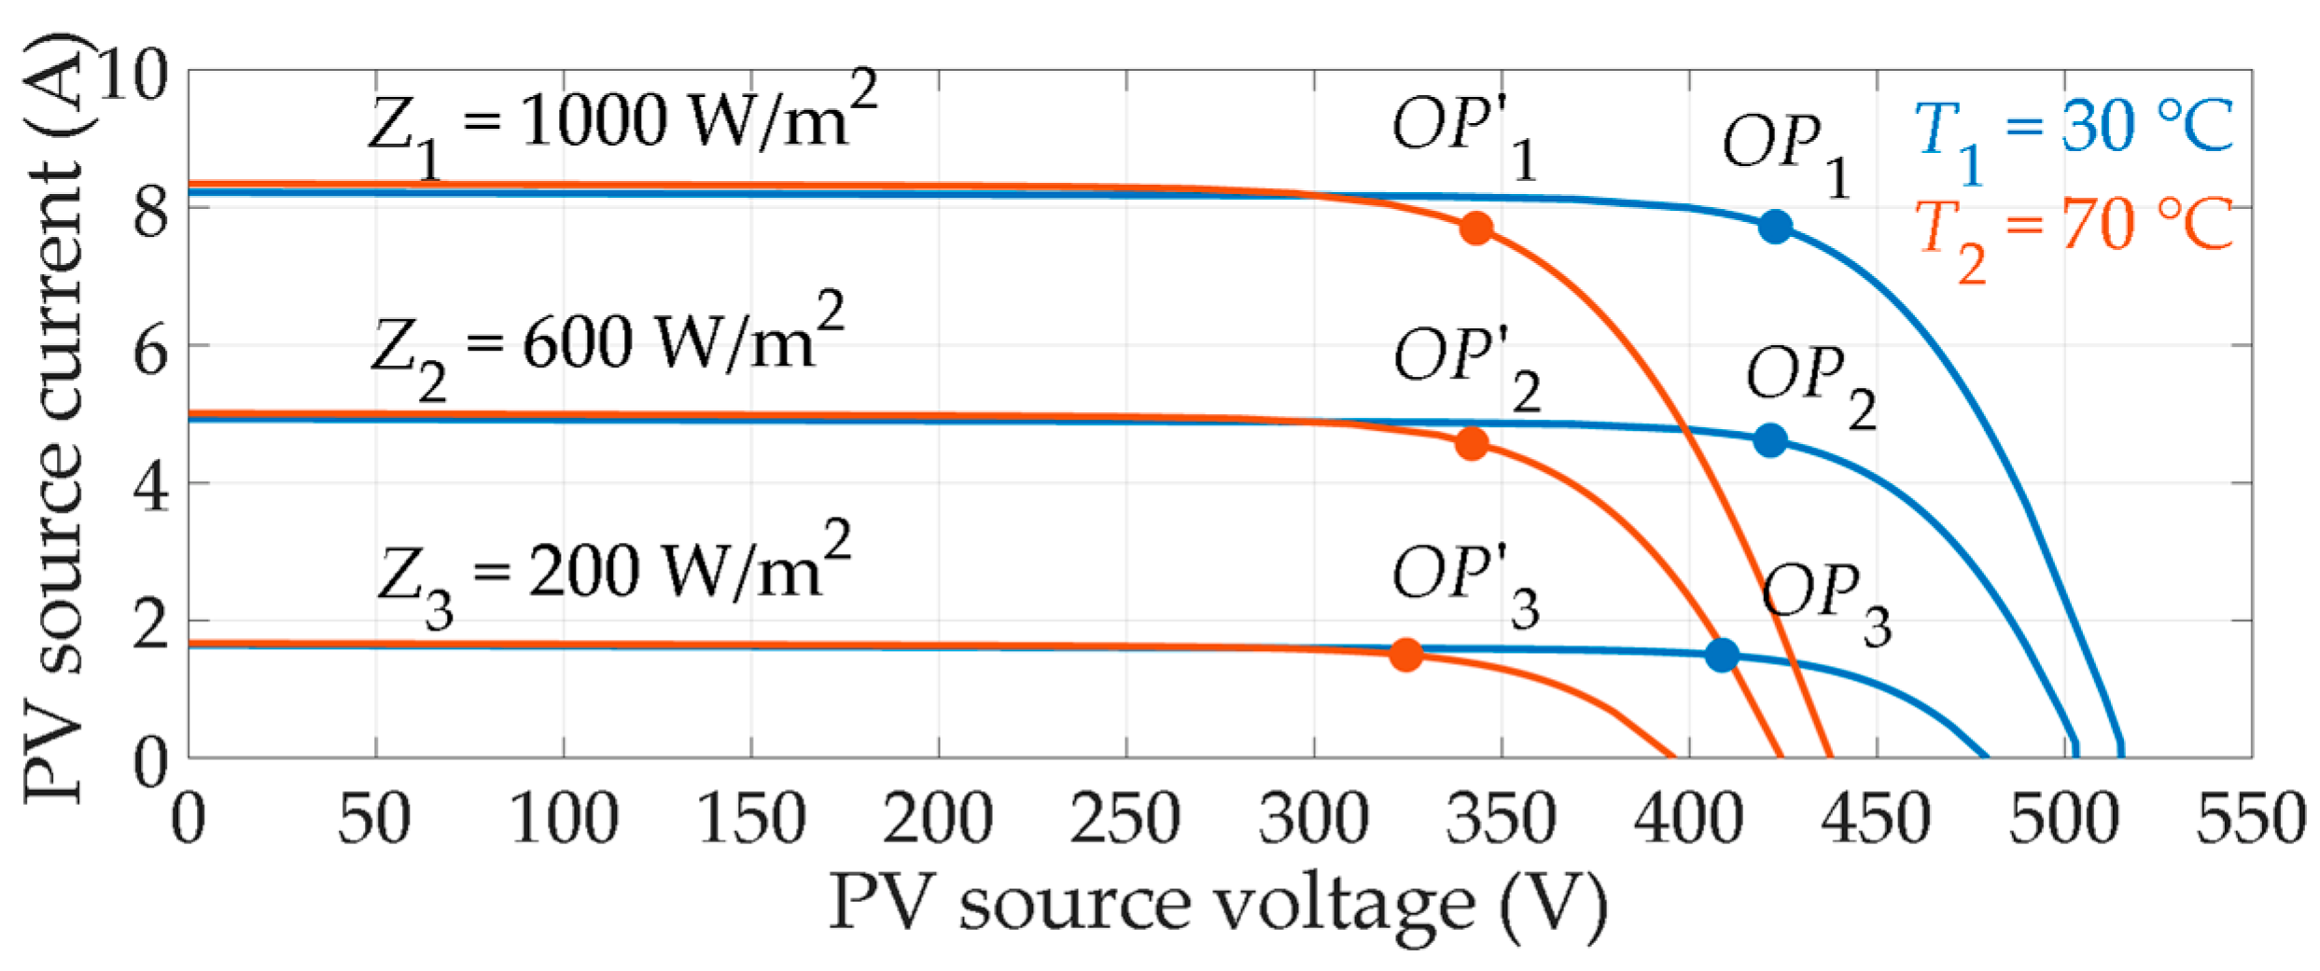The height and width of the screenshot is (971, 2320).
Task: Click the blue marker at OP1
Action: [1775, 227]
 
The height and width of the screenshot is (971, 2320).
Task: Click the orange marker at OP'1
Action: [1475, 228]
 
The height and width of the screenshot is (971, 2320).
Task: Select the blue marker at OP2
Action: [1770, 440]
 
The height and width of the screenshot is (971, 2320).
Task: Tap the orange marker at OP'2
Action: [1472, 443]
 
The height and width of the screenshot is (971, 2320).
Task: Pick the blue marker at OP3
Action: [1722, 655]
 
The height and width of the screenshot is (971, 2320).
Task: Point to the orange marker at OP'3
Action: [1406, 655]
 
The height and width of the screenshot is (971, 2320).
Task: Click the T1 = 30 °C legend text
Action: [2074, 131]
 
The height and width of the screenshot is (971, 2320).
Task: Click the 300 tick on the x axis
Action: [1314, 820]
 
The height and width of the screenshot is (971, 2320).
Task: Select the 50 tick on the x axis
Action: [374, 820]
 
